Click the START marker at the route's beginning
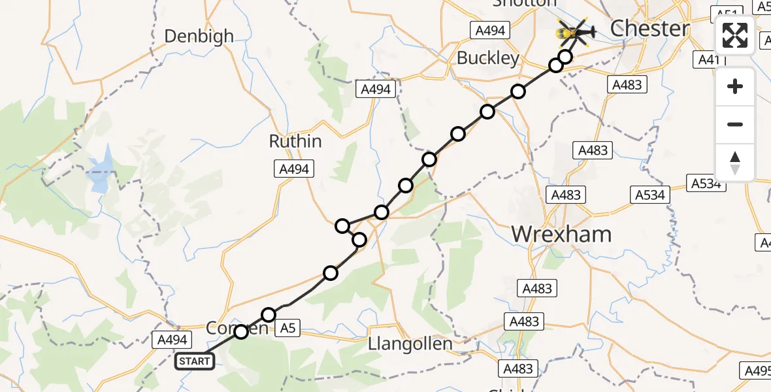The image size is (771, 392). click(x=194, y=361)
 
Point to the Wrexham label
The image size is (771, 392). click(x=561, y=233)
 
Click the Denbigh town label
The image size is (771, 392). click(x=199, y=36)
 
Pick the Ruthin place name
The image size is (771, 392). click(x=295, y=141)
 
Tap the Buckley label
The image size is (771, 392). click(x=488, y=58)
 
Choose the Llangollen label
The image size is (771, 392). click(x=410, y=344)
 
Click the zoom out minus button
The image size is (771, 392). click(x=735, y=124)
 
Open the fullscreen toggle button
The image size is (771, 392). click(x=735, y=35)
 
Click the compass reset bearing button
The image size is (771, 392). click(x=735, y=163)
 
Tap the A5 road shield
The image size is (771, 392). click(x=286, y=328)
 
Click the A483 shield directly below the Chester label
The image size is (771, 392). click(x=628, y=84)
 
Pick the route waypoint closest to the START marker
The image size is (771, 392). click(x=241, y=332)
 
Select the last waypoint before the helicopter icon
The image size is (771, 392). click(x=565, y=57)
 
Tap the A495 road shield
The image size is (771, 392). click(x=757, y=370)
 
